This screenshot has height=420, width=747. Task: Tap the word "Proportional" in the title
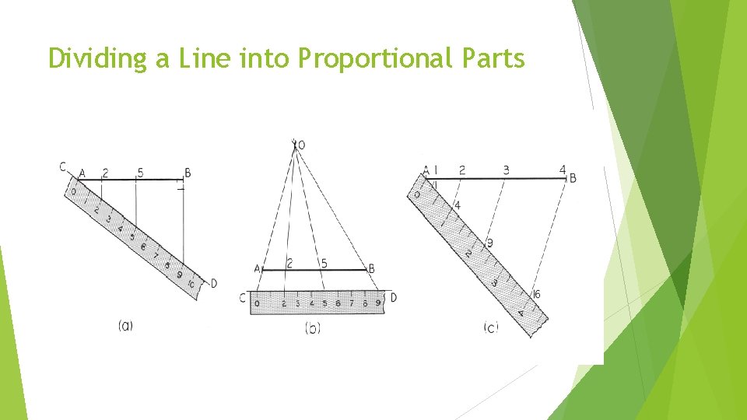[370, 58]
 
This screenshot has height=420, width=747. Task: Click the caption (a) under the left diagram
[125, 327]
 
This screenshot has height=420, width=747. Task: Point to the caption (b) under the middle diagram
[313, 328]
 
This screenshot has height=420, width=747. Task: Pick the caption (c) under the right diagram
[490, 328]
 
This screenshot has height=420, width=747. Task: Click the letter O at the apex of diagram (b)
[302, 145]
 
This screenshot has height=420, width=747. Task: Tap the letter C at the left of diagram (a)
[63, 166]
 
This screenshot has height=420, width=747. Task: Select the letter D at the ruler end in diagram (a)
[214, 283]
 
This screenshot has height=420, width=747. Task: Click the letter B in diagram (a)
[188, 173]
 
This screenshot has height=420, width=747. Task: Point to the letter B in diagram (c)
[573, 178]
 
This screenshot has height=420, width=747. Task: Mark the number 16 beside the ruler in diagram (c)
[536, 294]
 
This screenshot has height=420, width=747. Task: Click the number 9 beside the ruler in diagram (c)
[489, 243]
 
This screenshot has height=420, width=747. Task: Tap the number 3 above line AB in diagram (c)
[506, 170]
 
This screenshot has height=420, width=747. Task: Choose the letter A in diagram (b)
[257, 268]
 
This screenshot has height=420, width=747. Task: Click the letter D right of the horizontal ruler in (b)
[393, 297]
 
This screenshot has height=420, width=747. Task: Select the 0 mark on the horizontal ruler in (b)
[256, 303]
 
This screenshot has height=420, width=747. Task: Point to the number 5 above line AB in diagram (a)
[140, 172]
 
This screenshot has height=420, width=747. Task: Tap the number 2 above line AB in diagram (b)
[289, 264]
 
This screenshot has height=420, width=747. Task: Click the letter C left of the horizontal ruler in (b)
[244, 297]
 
